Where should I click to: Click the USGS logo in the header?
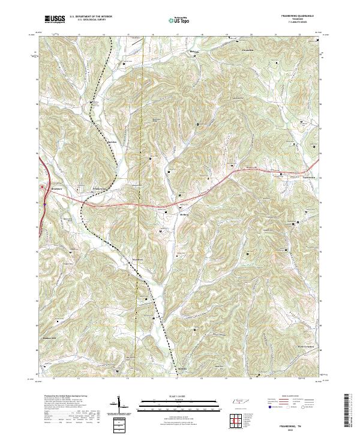tap(55, 19)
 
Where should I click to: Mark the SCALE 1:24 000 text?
tap(179, 395)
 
